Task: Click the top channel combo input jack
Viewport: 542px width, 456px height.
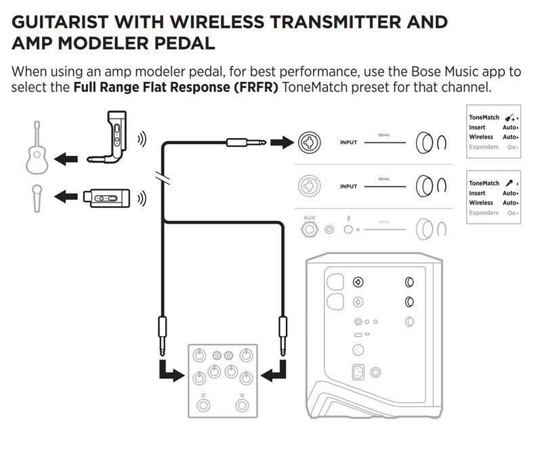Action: click(x=310, y=142)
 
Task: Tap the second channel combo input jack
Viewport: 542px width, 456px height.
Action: click(x=310, y=185)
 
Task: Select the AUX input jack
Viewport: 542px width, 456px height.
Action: click(x=310, y=229)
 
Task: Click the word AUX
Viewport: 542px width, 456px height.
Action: click(x=310, y=218)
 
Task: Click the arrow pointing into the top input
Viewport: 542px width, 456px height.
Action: click(x=278, y=142)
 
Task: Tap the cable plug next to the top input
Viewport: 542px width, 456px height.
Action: click(x=243, y=142)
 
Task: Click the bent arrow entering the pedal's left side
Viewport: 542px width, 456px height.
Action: click(x=169, y=370)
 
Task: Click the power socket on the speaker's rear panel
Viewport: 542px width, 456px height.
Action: click(x=358, y=372)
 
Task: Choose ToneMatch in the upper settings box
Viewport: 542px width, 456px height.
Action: click(x=484, y=117)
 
